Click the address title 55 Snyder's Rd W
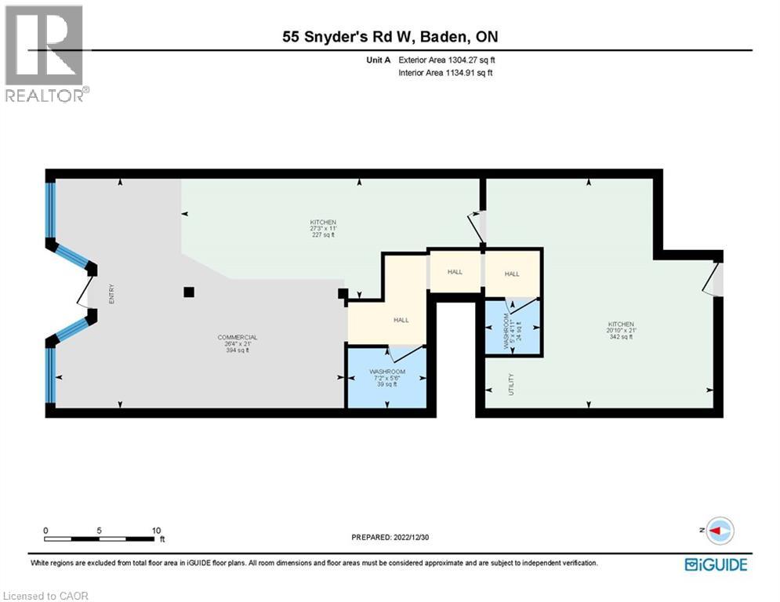(x=390, y=37)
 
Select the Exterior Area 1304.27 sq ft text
(x=446, y=60)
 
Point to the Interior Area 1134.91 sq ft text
(x=445, y=73)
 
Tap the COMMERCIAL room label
(x=237, y=343)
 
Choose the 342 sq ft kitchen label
(x=620, y=330)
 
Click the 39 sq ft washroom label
(x=387, y=377)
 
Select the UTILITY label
(x=510, y=384)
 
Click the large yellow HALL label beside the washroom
(x=401, y=320)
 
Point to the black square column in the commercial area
(x=188, y=292)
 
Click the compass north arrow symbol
(x=718, y=531)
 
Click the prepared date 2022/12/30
(x=390, y=538)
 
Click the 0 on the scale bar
(x=46, y=530)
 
